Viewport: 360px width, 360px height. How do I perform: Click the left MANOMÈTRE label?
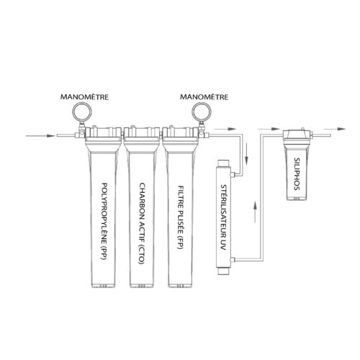coord(84,97)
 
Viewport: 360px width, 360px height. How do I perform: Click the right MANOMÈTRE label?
coord(204,97)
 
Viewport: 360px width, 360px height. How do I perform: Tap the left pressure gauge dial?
coord(82,112)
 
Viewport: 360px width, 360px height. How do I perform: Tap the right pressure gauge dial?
coord(202,112)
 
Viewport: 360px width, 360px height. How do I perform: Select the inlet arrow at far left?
coord(40,136)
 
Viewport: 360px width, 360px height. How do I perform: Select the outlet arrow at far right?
coord(334,129)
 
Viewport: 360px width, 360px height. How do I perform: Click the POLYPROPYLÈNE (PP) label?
coord(104,221)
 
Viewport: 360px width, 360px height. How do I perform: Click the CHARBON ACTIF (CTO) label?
coord(142,223)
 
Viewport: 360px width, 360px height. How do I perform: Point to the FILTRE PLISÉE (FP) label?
coord(181,217)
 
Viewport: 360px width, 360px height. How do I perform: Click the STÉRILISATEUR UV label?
coord(223,217)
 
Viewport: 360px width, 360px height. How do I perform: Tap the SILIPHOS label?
coord(297,174)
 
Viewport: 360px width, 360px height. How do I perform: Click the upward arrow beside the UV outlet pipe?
coord(256,212)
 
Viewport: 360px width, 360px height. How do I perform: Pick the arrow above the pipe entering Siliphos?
coord(269,129)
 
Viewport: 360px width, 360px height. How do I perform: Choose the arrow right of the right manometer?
coord(225,129)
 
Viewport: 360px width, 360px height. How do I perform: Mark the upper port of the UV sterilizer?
coord(233,174)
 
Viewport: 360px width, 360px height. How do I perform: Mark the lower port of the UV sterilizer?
coord(233,259)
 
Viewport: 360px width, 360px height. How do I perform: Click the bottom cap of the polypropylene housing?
coord(103,286)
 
